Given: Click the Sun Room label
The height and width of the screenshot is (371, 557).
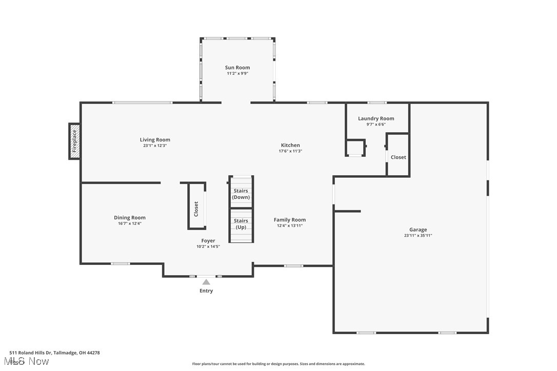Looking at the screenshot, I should click(237, 68).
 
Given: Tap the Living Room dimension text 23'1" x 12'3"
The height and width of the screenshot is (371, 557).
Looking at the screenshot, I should click(155, 146).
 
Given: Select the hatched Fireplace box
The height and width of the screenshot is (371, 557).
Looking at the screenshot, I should click(74, 141).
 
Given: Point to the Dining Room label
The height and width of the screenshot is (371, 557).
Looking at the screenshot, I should click(129, 218).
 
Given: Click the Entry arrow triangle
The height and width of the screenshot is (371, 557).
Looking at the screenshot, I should click(206, 282).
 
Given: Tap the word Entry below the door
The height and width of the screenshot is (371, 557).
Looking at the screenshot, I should click(206, 291).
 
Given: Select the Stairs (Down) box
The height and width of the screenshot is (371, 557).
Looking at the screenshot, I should click(241, 193).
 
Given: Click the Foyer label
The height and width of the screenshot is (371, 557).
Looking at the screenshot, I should click(208, 241).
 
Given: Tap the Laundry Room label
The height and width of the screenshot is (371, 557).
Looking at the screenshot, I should click(376, 118).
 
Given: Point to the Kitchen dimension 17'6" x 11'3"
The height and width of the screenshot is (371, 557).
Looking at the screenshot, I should click(290, 151).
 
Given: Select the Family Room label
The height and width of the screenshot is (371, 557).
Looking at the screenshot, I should click(290, 220).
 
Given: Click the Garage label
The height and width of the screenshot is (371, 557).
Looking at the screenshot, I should click(418, 230).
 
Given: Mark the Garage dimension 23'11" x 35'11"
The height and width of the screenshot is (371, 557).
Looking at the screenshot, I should click(418, 236).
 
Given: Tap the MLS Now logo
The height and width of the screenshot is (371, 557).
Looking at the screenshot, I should click(29, 362).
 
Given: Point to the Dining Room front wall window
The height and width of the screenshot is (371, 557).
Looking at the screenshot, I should click(121, 264).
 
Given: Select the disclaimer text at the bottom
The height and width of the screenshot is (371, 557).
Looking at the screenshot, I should click(278, 364).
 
